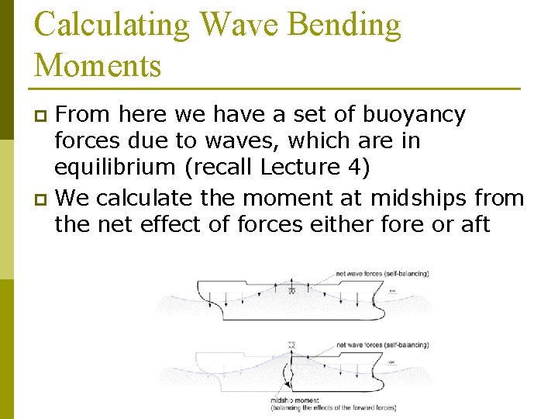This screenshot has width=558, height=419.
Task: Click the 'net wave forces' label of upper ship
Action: pos(382,273)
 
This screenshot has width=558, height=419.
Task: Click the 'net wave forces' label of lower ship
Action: pos(382,345)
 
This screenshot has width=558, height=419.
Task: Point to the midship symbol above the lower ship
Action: pos(291,344)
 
